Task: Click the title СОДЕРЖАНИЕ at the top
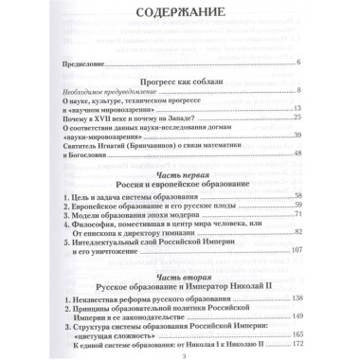180,14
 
